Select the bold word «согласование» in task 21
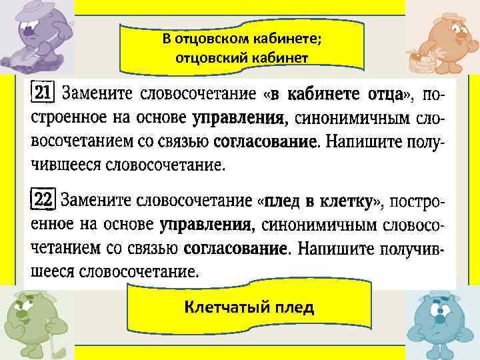pyautogui.click(x=265, y=142)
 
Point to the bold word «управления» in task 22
pyautogui.click(x=207, y=225)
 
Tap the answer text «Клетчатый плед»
pyautogui.click(x=249, y=307)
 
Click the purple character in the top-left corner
pyautogui.click(x=37, y=34)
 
